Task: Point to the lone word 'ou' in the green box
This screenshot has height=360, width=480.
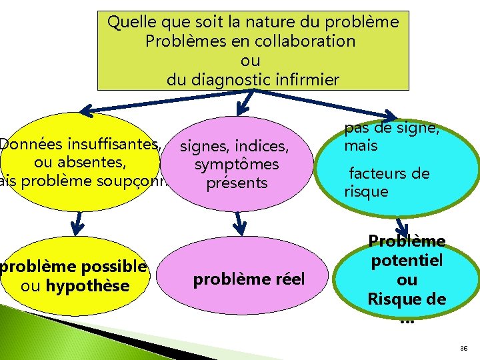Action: tap(250, 61)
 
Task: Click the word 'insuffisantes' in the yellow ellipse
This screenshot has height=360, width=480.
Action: tap(111, 143)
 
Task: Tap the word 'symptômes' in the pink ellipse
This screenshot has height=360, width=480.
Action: tap(237, 164)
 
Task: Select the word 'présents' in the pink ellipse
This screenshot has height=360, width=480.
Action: tap(237, 183)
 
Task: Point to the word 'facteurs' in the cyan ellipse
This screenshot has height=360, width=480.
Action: tap(381, 175)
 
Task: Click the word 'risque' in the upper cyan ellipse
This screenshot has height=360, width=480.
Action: tap(366, 192)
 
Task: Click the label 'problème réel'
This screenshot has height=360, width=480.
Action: tap(249, 279)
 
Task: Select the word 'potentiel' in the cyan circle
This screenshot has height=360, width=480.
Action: tap(407, 261)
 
